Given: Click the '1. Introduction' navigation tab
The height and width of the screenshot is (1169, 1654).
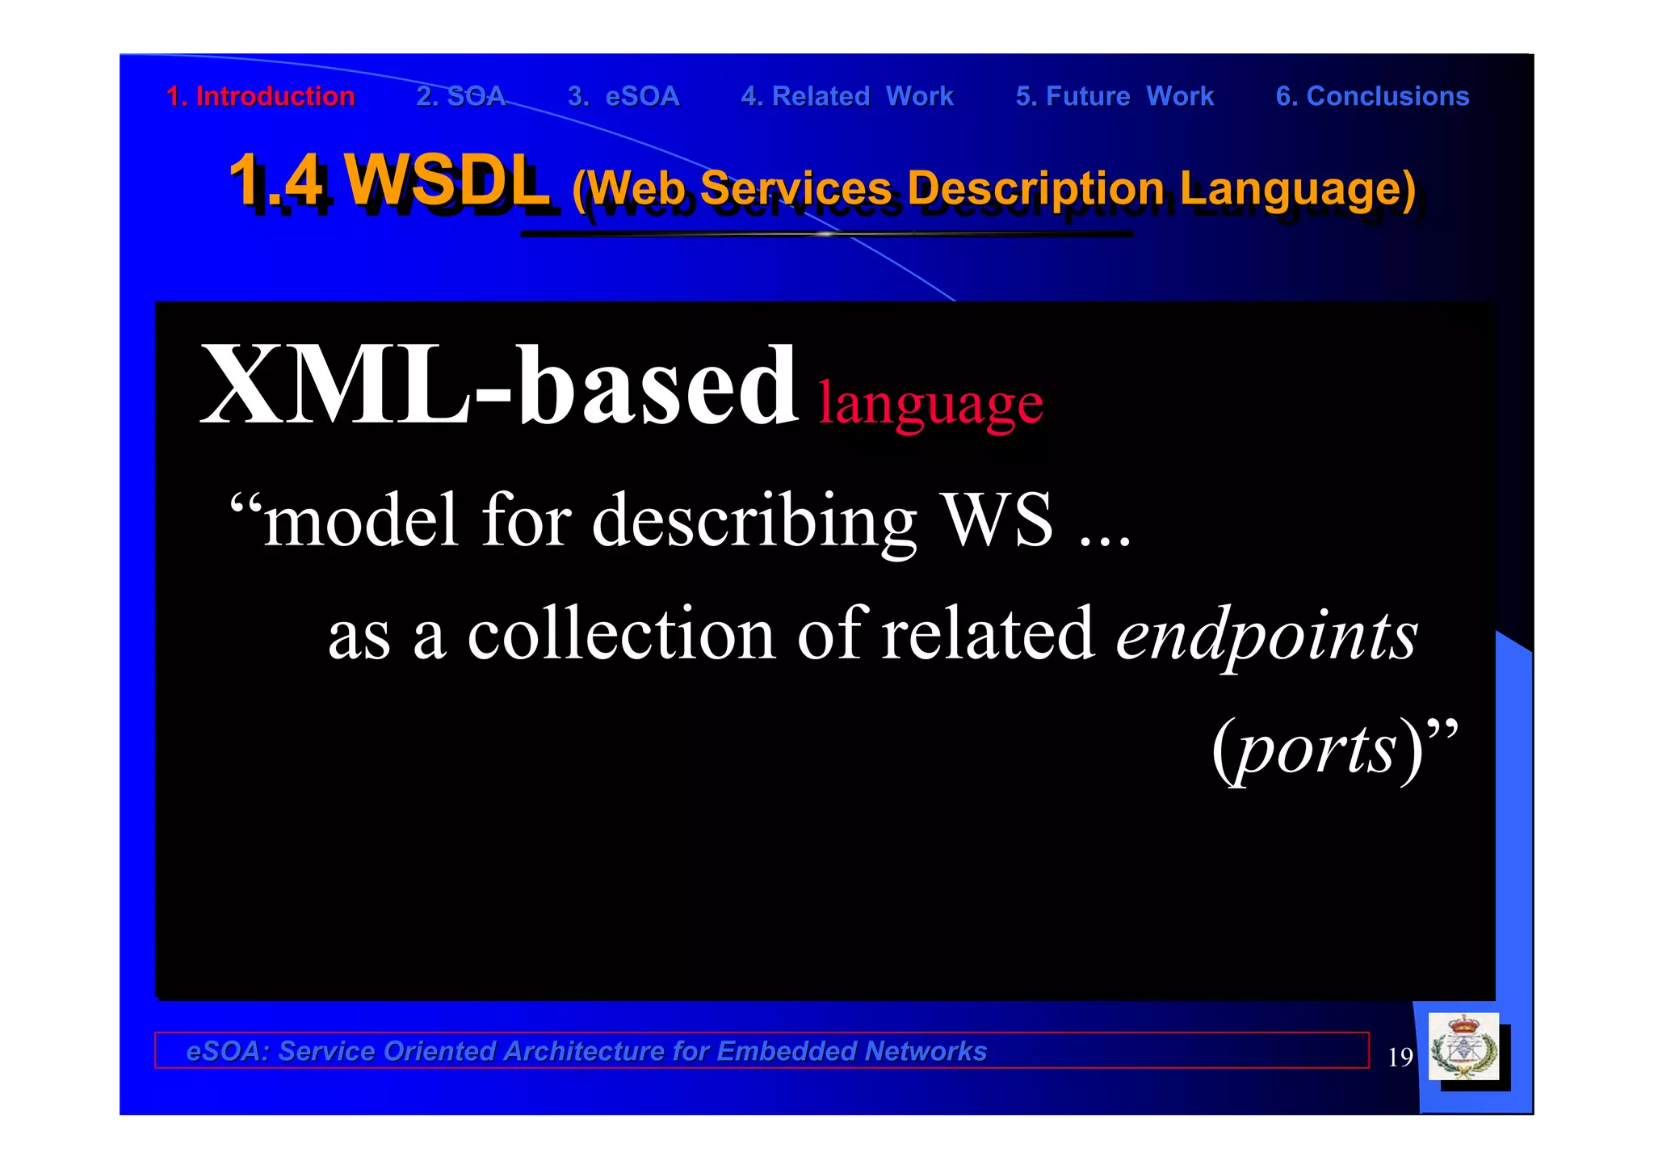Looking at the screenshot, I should (260, 96).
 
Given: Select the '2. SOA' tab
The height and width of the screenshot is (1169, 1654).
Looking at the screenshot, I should (460, 96).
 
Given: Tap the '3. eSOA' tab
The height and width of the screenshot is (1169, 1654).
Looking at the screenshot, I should (623, 96).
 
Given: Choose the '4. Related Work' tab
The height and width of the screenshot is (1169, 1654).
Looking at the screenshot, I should (847, 96).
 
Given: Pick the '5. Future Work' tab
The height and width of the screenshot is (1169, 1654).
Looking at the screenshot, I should (1115, 96).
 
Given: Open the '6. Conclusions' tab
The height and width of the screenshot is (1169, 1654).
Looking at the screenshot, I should (1372, 96).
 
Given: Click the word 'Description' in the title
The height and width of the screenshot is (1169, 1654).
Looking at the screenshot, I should (1036, 189).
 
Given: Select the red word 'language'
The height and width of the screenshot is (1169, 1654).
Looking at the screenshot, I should (930, 404).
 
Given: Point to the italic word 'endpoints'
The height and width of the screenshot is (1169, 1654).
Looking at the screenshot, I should (1266, 635).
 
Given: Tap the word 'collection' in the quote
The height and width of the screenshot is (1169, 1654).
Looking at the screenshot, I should (622, 633).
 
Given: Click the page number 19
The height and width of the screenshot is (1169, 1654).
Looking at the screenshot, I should (1400, 1057).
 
